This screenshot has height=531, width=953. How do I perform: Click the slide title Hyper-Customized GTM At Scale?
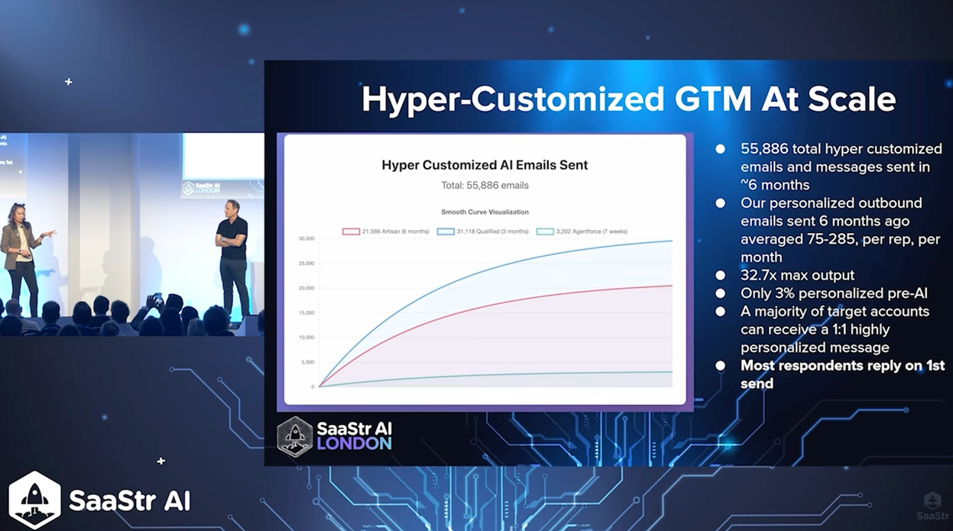click(x=627, y=99)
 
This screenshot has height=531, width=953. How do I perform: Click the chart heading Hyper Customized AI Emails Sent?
click(x=485, y=165)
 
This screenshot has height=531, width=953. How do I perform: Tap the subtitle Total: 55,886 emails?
click(x=485, y=185)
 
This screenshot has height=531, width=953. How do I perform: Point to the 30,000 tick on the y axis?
click(x=306, y=239)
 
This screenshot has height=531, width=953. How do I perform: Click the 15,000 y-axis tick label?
click(x=306, y=312)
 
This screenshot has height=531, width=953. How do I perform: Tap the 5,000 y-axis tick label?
click(x=306, y=362)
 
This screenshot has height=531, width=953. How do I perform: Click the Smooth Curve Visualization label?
click(x=485, y=212)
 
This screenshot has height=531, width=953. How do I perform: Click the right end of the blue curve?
click(x=672, y=241)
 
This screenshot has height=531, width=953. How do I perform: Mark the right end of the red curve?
click(x=672, y=286)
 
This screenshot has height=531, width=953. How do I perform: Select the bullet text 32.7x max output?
click(x=797, y=275)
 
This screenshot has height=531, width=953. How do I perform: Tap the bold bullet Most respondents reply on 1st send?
click(x=841, y=374)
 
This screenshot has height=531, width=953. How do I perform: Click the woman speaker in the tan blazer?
click(x=21, y=256)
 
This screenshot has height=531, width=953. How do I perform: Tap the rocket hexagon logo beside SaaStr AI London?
click(x=295, y=437)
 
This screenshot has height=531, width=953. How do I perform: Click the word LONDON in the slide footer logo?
click(x=354, y=444)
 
